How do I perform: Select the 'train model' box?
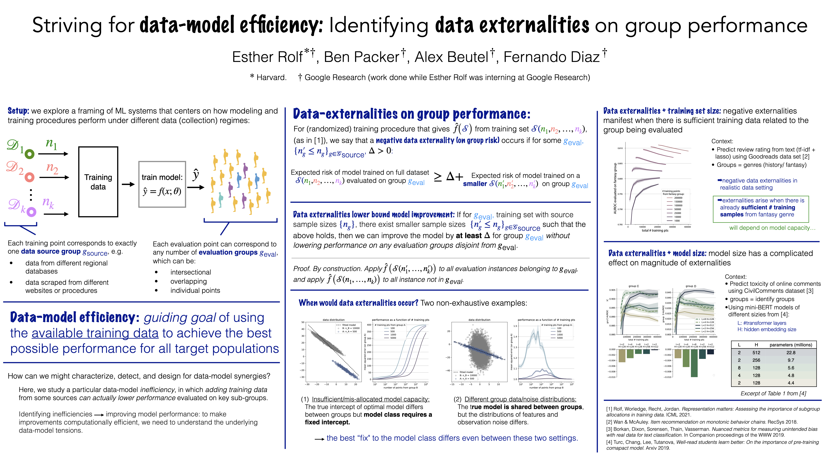coord(162,184)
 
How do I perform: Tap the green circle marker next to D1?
coord(29,154)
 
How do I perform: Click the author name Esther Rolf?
coord(267,57)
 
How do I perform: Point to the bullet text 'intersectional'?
coord(191,272)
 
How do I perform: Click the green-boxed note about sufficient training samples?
coord(761,207)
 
